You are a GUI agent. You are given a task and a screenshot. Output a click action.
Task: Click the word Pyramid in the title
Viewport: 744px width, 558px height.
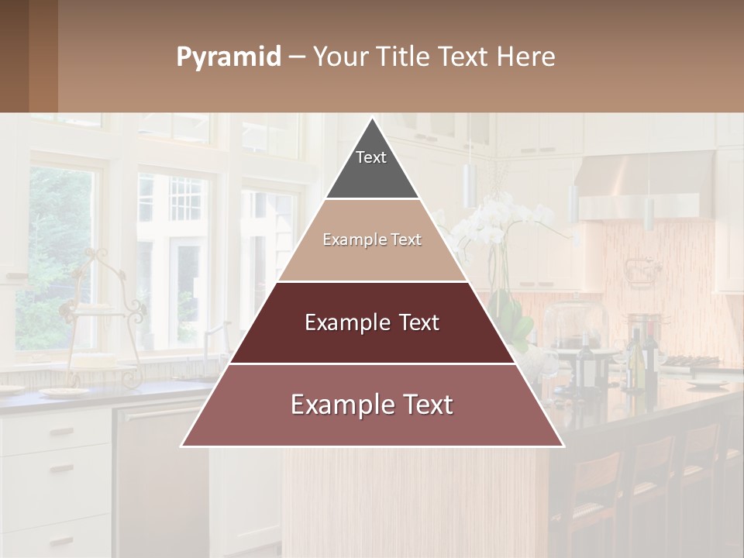228,57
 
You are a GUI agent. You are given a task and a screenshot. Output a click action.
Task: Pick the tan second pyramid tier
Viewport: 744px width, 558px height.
372,240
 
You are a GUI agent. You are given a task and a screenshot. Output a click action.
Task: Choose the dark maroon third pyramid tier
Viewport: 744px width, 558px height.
372,322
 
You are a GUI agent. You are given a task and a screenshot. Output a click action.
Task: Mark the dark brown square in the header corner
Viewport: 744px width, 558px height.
29,56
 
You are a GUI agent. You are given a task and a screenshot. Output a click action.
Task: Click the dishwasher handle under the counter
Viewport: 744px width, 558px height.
155,415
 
